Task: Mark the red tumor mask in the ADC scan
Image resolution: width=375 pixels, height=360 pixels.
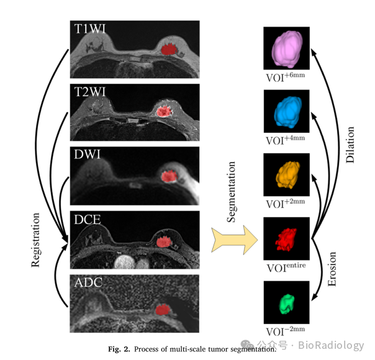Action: pyautogui.click(x=163, y=308)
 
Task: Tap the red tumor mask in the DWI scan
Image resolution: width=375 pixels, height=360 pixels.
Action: pyautogui.click(x=167, y=176)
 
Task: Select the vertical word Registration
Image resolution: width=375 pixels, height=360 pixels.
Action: pyautogui.click(x=36, y=240)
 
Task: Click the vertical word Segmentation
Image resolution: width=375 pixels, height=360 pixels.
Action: pyautogui.click(x=232, y=192)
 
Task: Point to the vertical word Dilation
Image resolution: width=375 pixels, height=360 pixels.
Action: pyautogui.click(x=350, y=145)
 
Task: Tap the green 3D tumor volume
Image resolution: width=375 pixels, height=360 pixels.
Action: pyautogui.click(x=286, y=302)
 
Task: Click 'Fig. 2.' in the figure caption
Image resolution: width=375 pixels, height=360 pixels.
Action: pyautogui.click(x=118, y=349)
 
